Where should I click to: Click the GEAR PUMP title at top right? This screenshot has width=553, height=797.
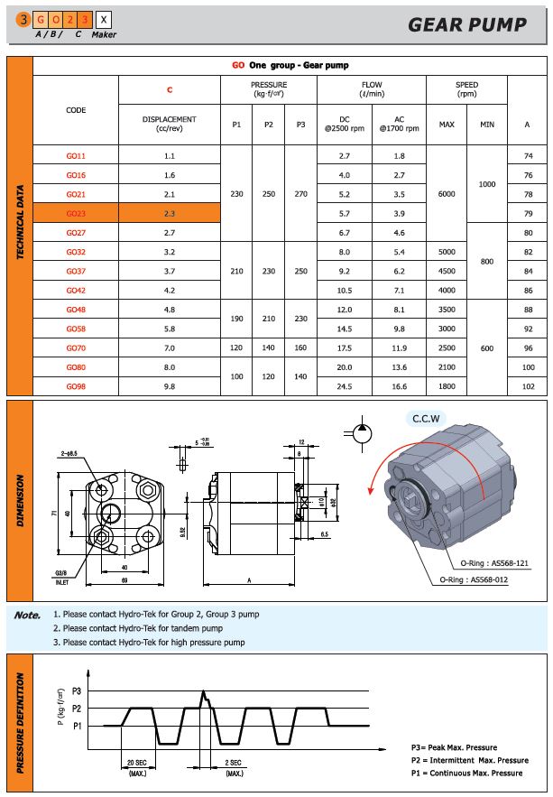(466, 24)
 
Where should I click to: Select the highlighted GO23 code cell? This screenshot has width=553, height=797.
(76, 213)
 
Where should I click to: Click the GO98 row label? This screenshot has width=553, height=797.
(76, 386)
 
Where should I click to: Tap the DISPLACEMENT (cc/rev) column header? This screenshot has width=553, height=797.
(170, 124)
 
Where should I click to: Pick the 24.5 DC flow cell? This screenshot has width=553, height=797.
(344, 386)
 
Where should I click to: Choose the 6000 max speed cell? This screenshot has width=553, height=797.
(446, 194)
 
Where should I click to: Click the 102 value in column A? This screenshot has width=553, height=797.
(528, 386)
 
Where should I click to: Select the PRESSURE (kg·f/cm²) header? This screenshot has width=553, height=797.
(269, 89)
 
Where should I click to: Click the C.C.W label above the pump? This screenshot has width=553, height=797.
(424, 419)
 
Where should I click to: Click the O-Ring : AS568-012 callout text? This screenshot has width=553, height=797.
(475, 579)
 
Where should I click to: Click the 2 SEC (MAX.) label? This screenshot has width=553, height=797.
(234, 768)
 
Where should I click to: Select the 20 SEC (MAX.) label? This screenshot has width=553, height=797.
(138, 768)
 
